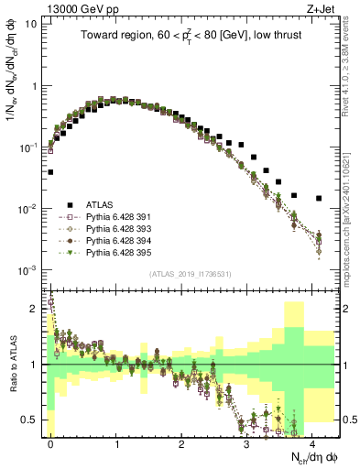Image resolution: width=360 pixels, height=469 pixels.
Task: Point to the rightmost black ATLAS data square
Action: click(319, 198)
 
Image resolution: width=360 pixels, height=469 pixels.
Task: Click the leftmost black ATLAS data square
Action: click(50, 171)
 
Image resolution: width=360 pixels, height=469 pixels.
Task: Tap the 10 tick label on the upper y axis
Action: click(31, 24)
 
